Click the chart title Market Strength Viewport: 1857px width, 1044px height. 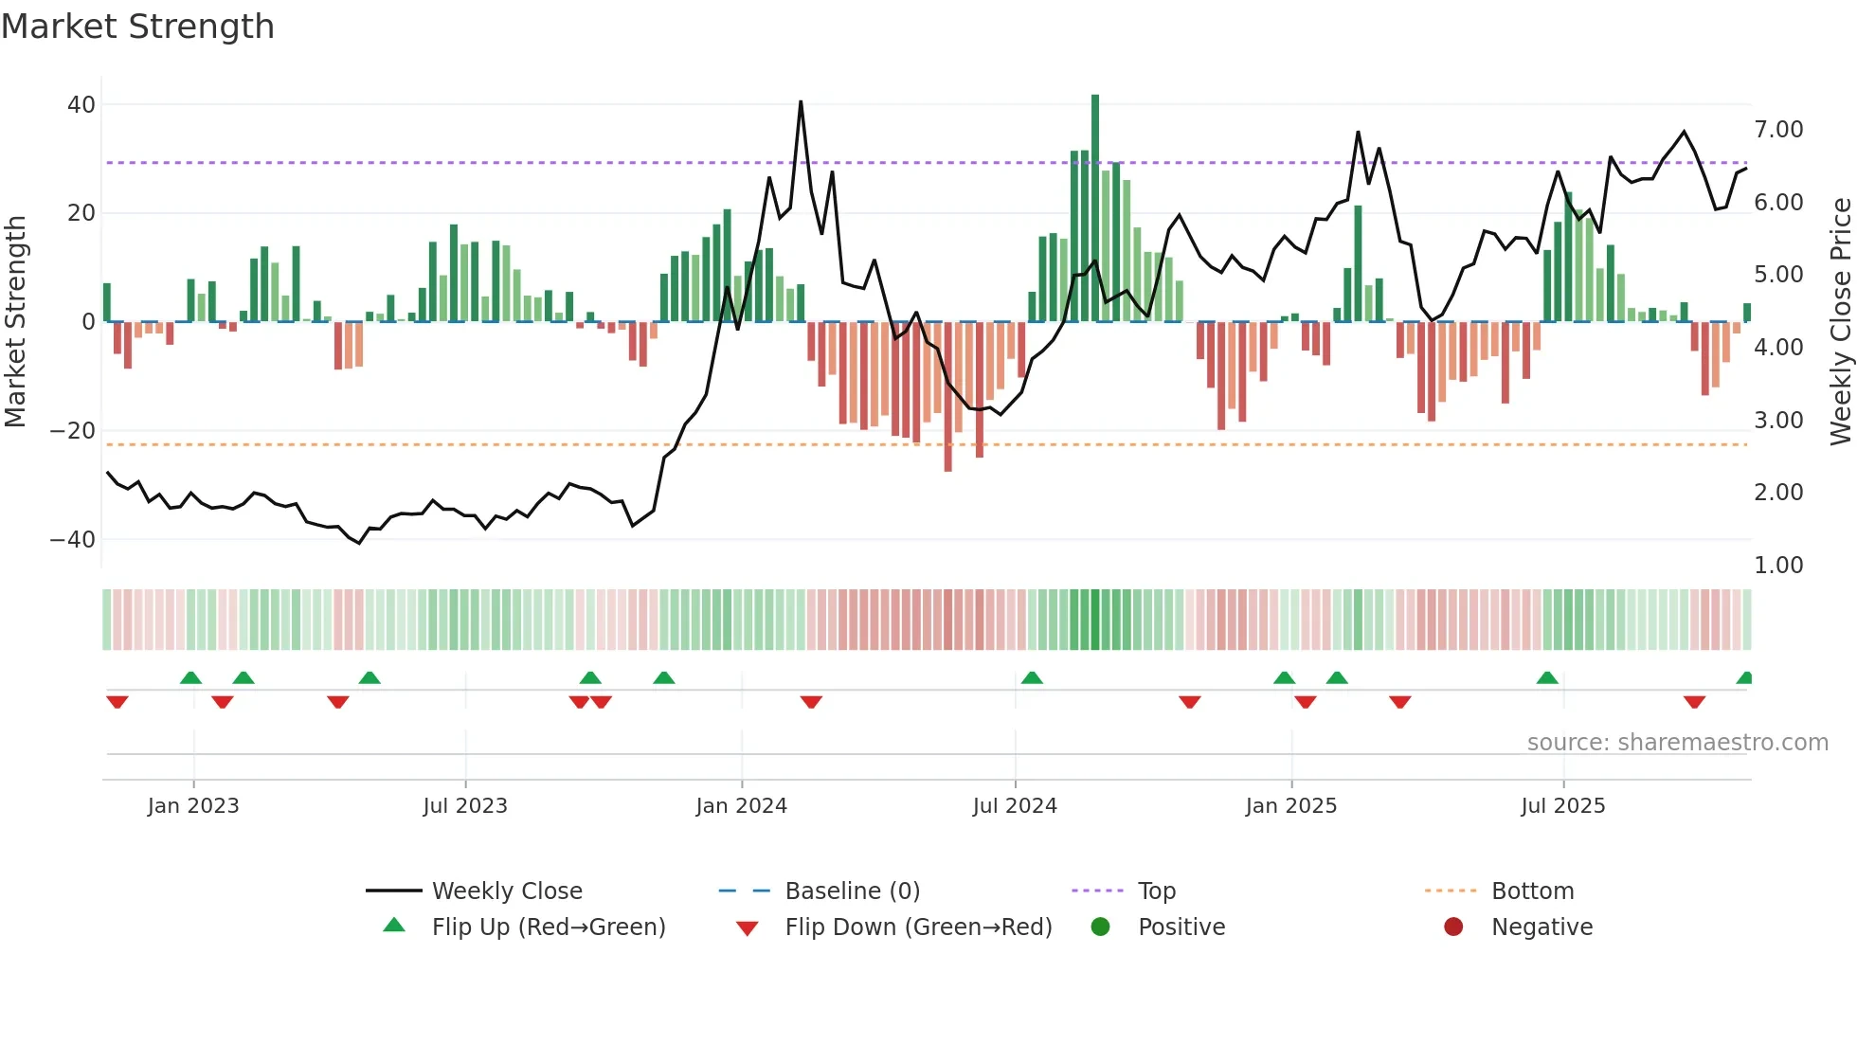pyautogui.click(x=137, y=27)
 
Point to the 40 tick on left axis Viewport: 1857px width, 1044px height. pyautogui.click(x=81, y=105)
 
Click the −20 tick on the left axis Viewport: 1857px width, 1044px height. pyautogui.click(x=73, y=431)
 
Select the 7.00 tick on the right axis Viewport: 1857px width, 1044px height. pyautogui.click(x=1778, y=130)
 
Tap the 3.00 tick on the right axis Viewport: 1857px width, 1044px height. pyautogui.click(x=1778, y=421)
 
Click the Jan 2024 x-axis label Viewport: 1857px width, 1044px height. pyautogui.click(x=741, y=806)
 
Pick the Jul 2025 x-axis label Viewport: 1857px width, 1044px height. pyautogui.click(x=1562, y=806)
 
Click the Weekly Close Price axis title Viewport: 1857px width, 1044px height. pyautogui.click(x=1840, y=322)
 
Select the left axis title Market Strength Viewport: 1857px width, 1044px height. pyautogui.click(x=15, y=322)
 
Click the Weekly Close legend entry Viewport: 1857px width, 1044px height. pyautogui.click(x=506, y=891)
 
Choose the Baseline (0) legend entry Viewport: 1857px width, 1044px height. pyautogui.click(x=852, y=891)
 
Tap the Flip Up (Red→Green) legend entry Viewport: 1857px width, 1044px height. pyautogui.click(x=548, y=927)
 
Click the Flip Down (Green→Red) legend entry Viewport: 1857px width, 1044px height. pyautogui.click(x=917, y=927)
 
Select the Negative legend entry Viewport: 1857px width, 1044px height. pyautogui.click(x=1541, y=927)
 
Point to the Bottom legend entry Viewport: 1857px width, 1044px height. pyautogui.click(x=1531, y=891)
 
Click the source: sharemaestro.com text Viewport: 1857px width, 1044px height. pyautogui.click(x=1677, y=743)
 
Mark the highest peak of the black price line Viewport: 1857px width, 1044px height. pyautogui.click(x=801, y=101)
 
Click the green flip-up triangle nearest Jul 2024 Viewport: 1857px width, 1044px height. pyautogui.click(x=1032, y=678)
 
